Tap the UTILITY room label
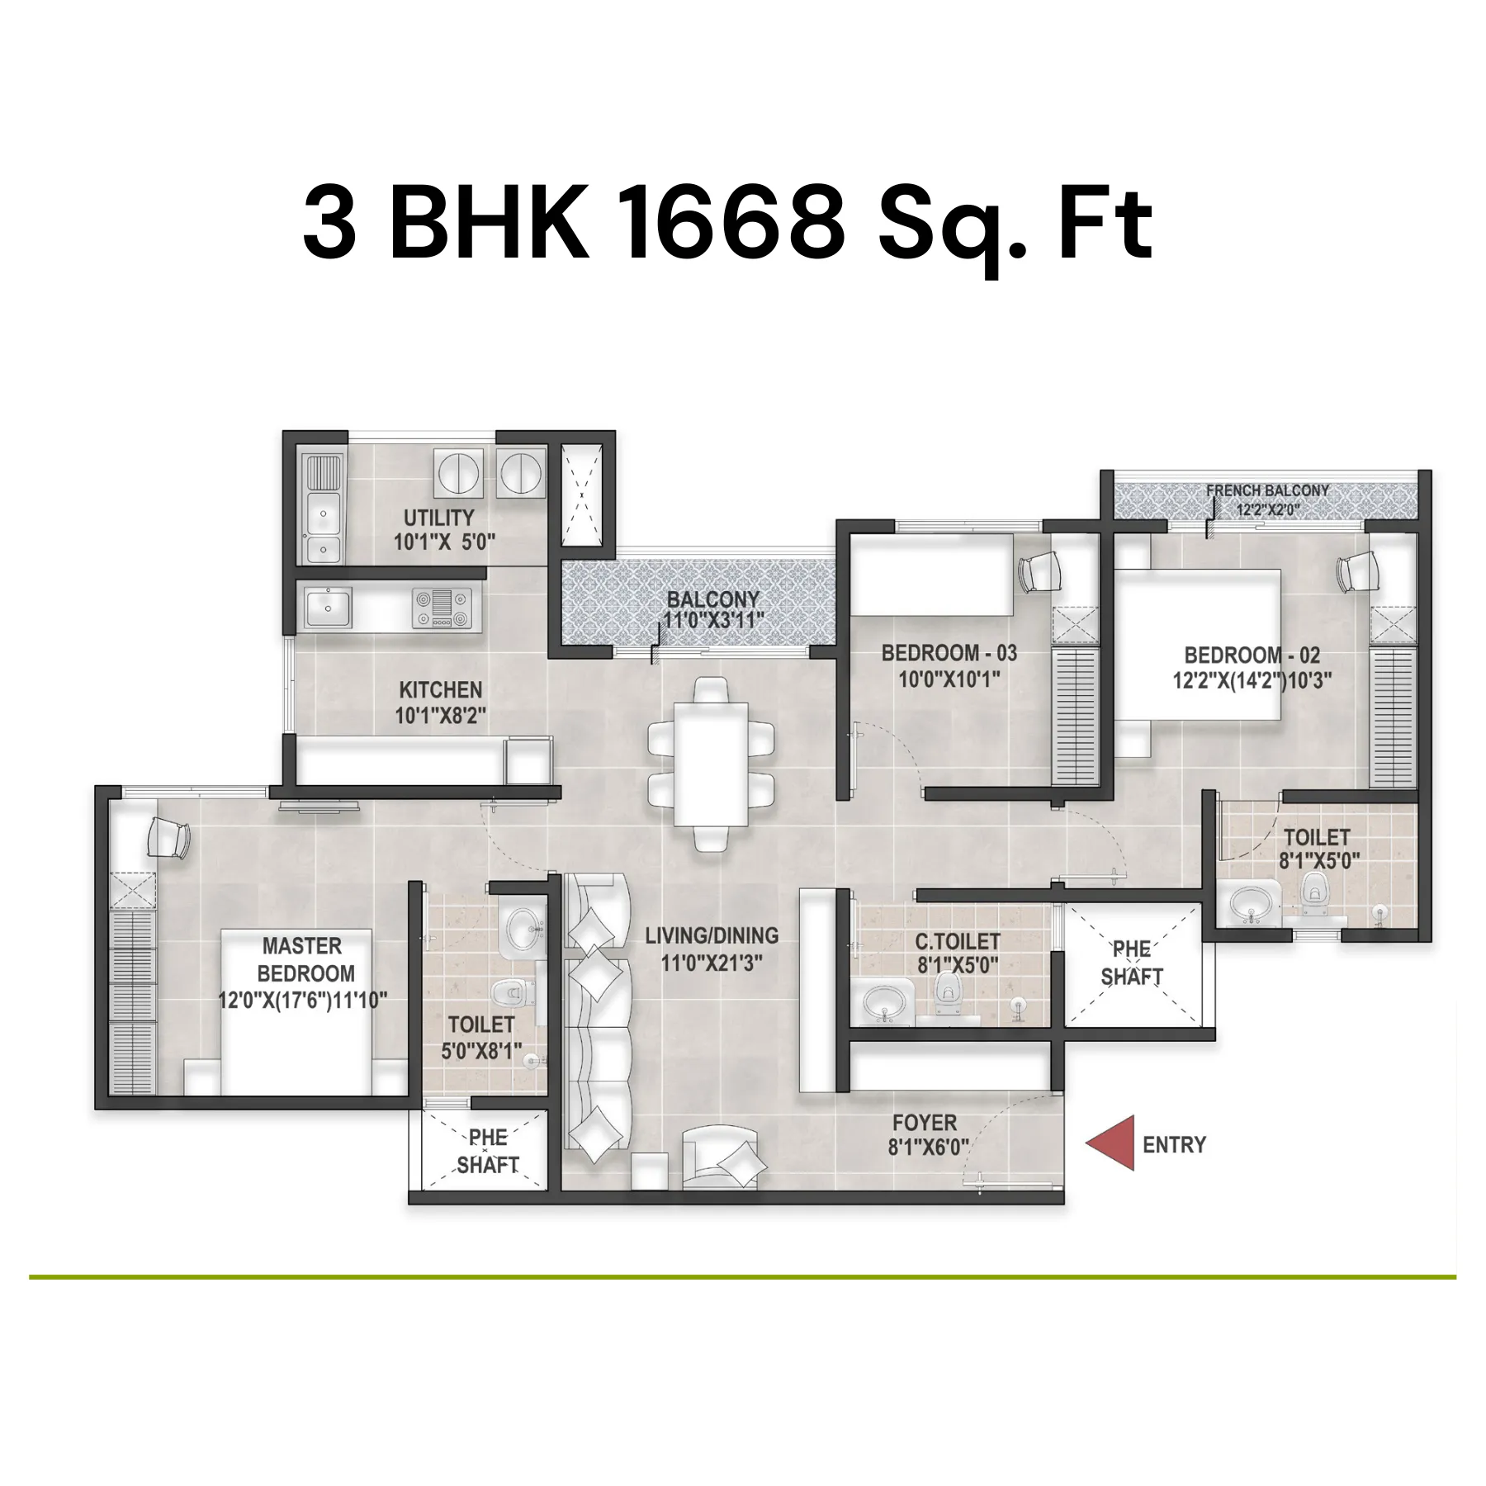pyautogui.click(x=438, y=518)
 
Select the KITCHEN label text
pyautogui.click(x=440, y=689)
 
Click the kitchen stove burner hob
pyautogui.click(x=442, y=608)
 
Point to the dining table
pyautogui.click(x=711, y=764)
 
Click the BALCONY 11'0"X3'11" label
pyautogui.click(x=713, y=610)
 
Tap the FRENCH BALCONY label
pyautogui.click(x=1267, y=490)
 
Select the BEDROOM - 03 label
pyautogui.click(x=949, y=653)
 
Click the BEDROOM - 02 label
pyautogui.click(x=1252, y=655)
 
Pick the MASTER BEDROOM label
pyautogui.click(x=304, y=959)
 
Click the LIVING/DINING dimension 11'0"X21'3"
pyautogui.click(x=711, y=963)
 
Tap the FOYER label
pyautogui.click(x=925, y=1123)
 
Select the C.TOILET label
pyautogui.click(x=958, y=941)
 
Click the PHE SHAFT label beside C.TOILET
pyautogui.click(x=1131, y=963)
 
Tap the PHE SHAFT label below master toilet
pyautogui.click(x=487, y=1151)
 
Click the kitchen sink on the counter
pyautogui.click(x=328, y=608)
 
